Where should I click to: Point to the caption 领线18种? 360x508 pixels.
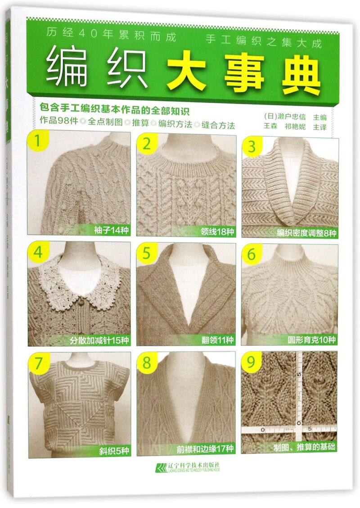tap(217, 231)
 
